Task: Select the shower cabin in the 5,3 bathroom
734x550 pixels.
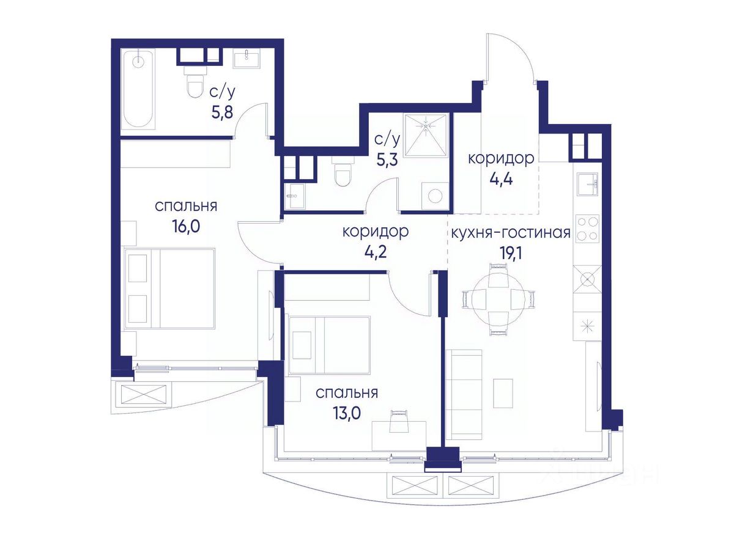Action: tap(426, 135)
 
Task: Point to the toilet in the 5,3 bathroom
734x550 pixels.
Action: tap(343, 173)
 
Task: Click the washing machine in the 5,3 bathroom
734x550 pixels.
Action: tap(435, 196)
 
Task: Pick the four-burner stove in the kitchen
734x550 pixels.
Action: tap(587, 228)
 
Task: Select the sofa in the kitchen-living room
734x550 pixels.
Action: tap(464, 395)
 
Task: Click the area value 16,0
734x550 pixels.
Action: tap(186, 227)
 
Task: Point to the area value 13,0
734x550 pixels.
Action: tap(346, 414)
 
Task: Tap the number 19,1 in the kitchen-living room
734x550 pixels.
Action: tap(510, 254)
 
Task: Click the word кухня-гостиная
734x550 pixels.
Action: tap(511, 233)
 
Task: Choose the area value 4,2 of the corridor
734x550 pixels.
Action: tap(375, 252)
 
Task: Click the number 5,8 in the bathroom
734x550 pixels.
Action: tap(222, 113)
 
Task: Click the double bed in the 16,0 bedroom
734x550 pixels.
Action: tap(169, 288)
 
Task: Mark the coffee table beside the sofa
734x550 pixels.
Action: tap(503, 393)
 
